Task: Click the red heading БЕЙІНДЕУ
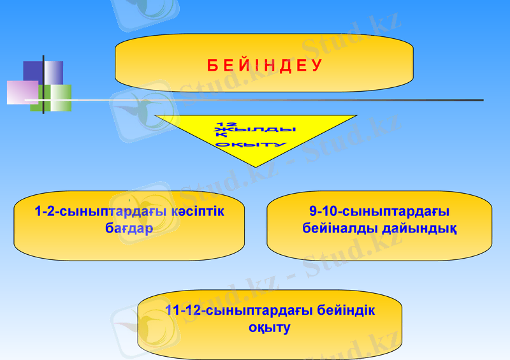pos(265,66)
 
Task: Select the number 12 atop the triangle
pos(227,123)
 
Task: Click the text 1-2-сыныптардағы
pos(96,211)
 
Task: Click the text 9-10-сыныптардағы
pos(380,211)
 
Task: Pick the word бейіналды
pos(339,227)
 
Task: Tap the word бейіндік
pos(345,311)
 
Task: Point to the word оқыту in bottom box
pos(270,328)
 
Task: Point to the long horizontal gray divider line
pos(287,100)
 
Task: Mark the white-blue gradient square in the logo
pos(55,71)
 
